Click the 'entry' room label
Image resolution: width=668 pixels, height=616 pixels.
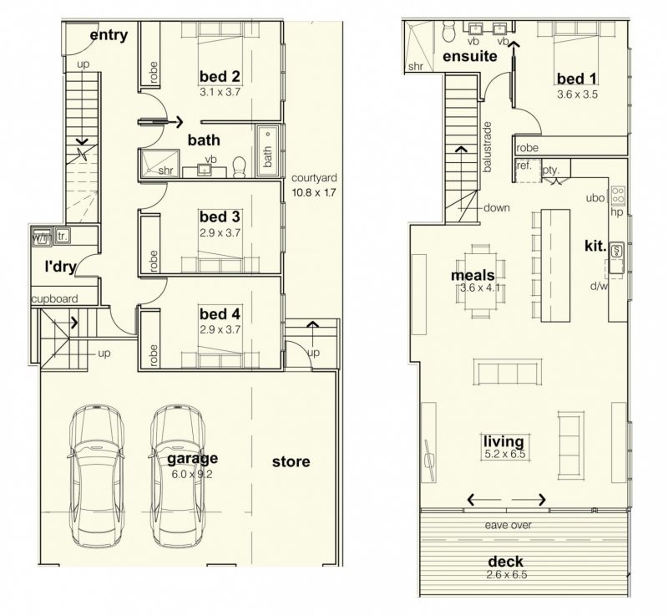tap(109, 35)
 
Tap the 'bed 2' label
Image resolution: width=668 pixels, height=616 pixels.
tap(220, 77)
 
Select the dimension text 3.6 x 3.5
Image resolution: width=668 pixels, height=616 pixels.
tap(577, 94)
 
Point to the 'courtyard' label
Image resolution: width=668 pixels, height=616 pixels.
tap(314, 178)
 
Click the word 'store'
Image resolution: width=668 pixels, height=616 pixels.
tap(291, 461)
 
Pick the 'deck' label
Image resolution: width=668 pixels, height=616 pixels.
tap(506, 561)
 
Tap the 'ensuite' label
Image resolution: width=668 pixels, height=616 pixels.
tap(470, 56)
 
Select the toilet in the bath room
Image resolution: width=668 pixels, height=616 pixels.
tap(240, 167)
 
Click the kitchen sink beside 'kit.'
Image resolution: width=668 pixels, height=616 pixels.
tap(615, 250)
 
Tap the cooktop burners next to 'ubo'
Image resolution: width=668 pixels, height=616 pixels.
tap(618, 196)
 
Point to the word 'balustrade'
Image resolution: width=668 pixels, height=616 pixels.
tap(488, 147)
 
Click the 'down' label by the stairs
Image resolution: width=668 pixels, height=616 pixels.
tap(497, 208)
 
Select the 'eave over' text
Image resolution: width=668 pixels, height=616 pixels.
tap(509, 525)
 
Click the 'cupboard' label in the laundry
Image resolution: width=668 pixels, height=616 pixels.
tap(54, 299)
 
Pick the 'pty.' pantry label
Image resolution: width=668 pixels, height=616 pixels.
tap(550, 170)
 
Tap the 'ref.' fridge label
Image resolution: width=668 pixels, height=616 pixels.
tap(524, 165)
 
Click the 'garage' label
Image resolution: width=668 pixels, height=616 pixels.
tap(192, 459)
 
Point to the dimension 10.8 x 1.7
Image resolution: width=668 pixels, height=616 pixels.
tap(314, 193)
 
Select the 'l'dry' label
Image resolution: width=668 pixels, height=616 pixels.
tap(60, 267)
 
